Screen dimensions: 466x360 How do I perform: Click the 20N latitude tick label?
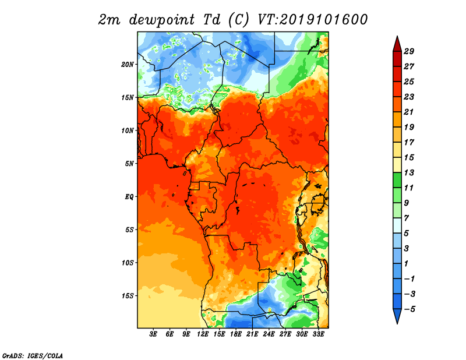tap(128, 65)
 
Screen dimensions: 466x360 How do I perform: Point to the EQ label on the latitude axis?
tap(129, 197)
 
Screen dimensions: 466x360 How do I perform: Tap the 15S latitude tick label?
tap(128, 296)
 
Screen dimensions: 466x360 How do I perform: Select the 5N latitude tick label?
tap(129, 164)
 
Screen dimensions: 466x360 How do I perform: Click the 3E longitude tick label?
tap(153, 334)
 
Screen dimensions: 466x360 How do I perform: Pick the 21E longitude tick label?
tap(252, 334)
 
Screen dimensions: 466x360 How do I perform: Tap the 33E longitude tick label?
tap(318, 334)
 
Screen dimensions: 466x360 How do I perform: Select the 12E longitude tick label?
tap(203, 334)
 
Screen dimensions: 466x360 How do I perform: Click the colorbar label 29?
tap(409, 51)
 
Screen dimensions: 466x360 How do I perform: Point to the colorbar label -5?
tap(409, 309)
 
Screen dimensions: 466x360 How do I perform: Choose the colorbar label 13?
tap(409, 172)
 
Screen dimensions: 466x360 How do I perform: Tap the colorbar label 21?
tap(409, 112)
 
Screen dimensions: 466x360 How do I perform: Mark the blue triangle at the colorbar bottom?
tap(397, 315)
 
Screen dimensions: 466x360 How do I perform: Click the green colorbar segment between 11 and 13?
tap(397, 180)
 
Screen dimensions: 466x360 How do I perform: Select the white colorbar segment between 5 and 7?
tap(397, 225)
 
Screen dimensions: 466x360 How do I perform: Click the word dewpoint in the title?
tap(161, 20)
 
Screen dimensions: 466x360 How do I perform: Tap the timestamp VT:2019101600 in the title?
tap(313, 20)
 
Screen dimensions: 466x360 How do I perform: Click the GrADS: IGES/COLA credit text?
tap(33, 355)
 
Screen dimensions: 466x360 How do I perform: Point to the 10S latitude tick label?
tap(128, 263)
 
